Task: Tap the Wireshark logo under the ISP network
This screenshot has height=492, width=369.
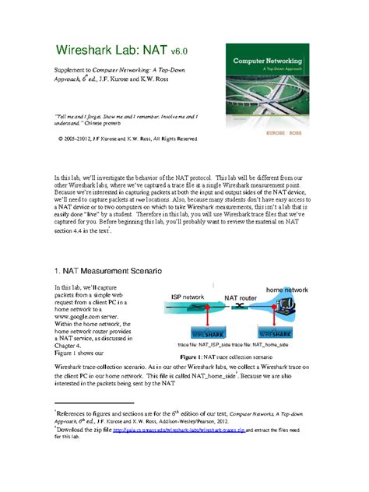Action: click(x=193, y=333)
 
